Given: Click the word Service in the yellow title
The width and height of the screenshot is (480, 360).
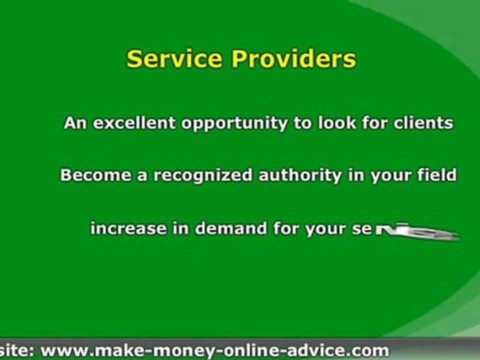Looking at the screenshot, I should pyautogui.click(x=168, y=59).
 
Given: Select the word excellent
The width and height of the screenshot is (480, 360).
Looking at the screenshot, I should pyautogui.click(x=134, y=123).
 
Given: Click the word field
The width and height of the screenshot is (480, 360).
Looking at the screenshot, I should pyautogui.click(x=438, y=175).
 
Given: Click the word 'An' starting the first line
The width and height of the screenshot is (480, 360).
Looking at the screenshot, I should pyautogui.click(x=75, y=123).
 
